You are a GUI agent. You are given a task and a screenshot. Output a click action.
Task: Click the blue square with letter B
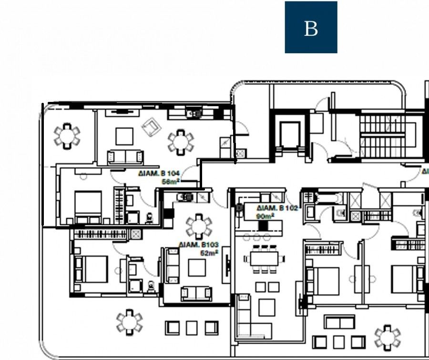click(x=311, y=27)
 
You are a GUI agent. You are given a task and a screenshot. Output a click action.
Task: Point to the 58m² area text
click(x=170, y=181)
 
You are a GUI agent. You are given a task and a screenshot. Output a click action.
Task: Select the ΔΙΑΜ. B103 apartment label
click(x=199, y=245)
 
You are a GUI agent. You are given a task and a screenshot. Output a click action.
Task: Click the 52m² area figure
click(x=209, y=252)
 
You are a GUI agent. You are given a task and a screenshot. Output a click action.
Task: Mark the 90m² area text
click(x=266, y=216)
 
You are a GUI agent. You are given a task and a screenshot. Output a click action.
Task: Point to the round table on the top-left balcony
click(x=67, y=136)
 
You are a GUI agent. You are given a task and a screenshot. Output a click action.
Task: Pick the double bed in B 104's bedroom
click(x=88, y=206)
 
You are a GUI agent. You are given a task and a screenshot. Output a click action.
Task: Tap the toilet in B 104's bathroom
click(x=149, y=217)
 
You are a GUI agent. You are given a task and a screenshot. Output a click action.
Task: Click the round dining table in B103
click(x=198, y=226)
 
